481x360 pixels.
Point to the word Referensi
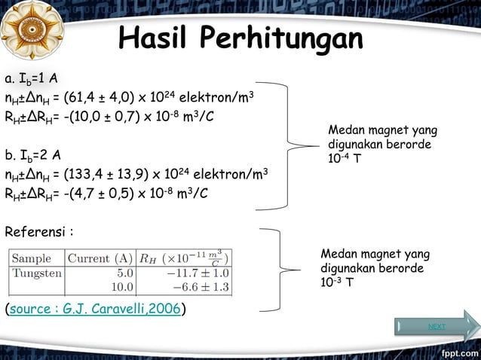37,230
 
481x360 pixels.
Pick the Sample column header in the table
32,258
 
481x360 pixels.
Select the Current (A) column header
100,258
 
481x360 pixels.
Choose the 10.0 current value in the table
122,286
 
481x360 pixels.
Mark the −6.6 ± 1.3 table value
201,286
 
